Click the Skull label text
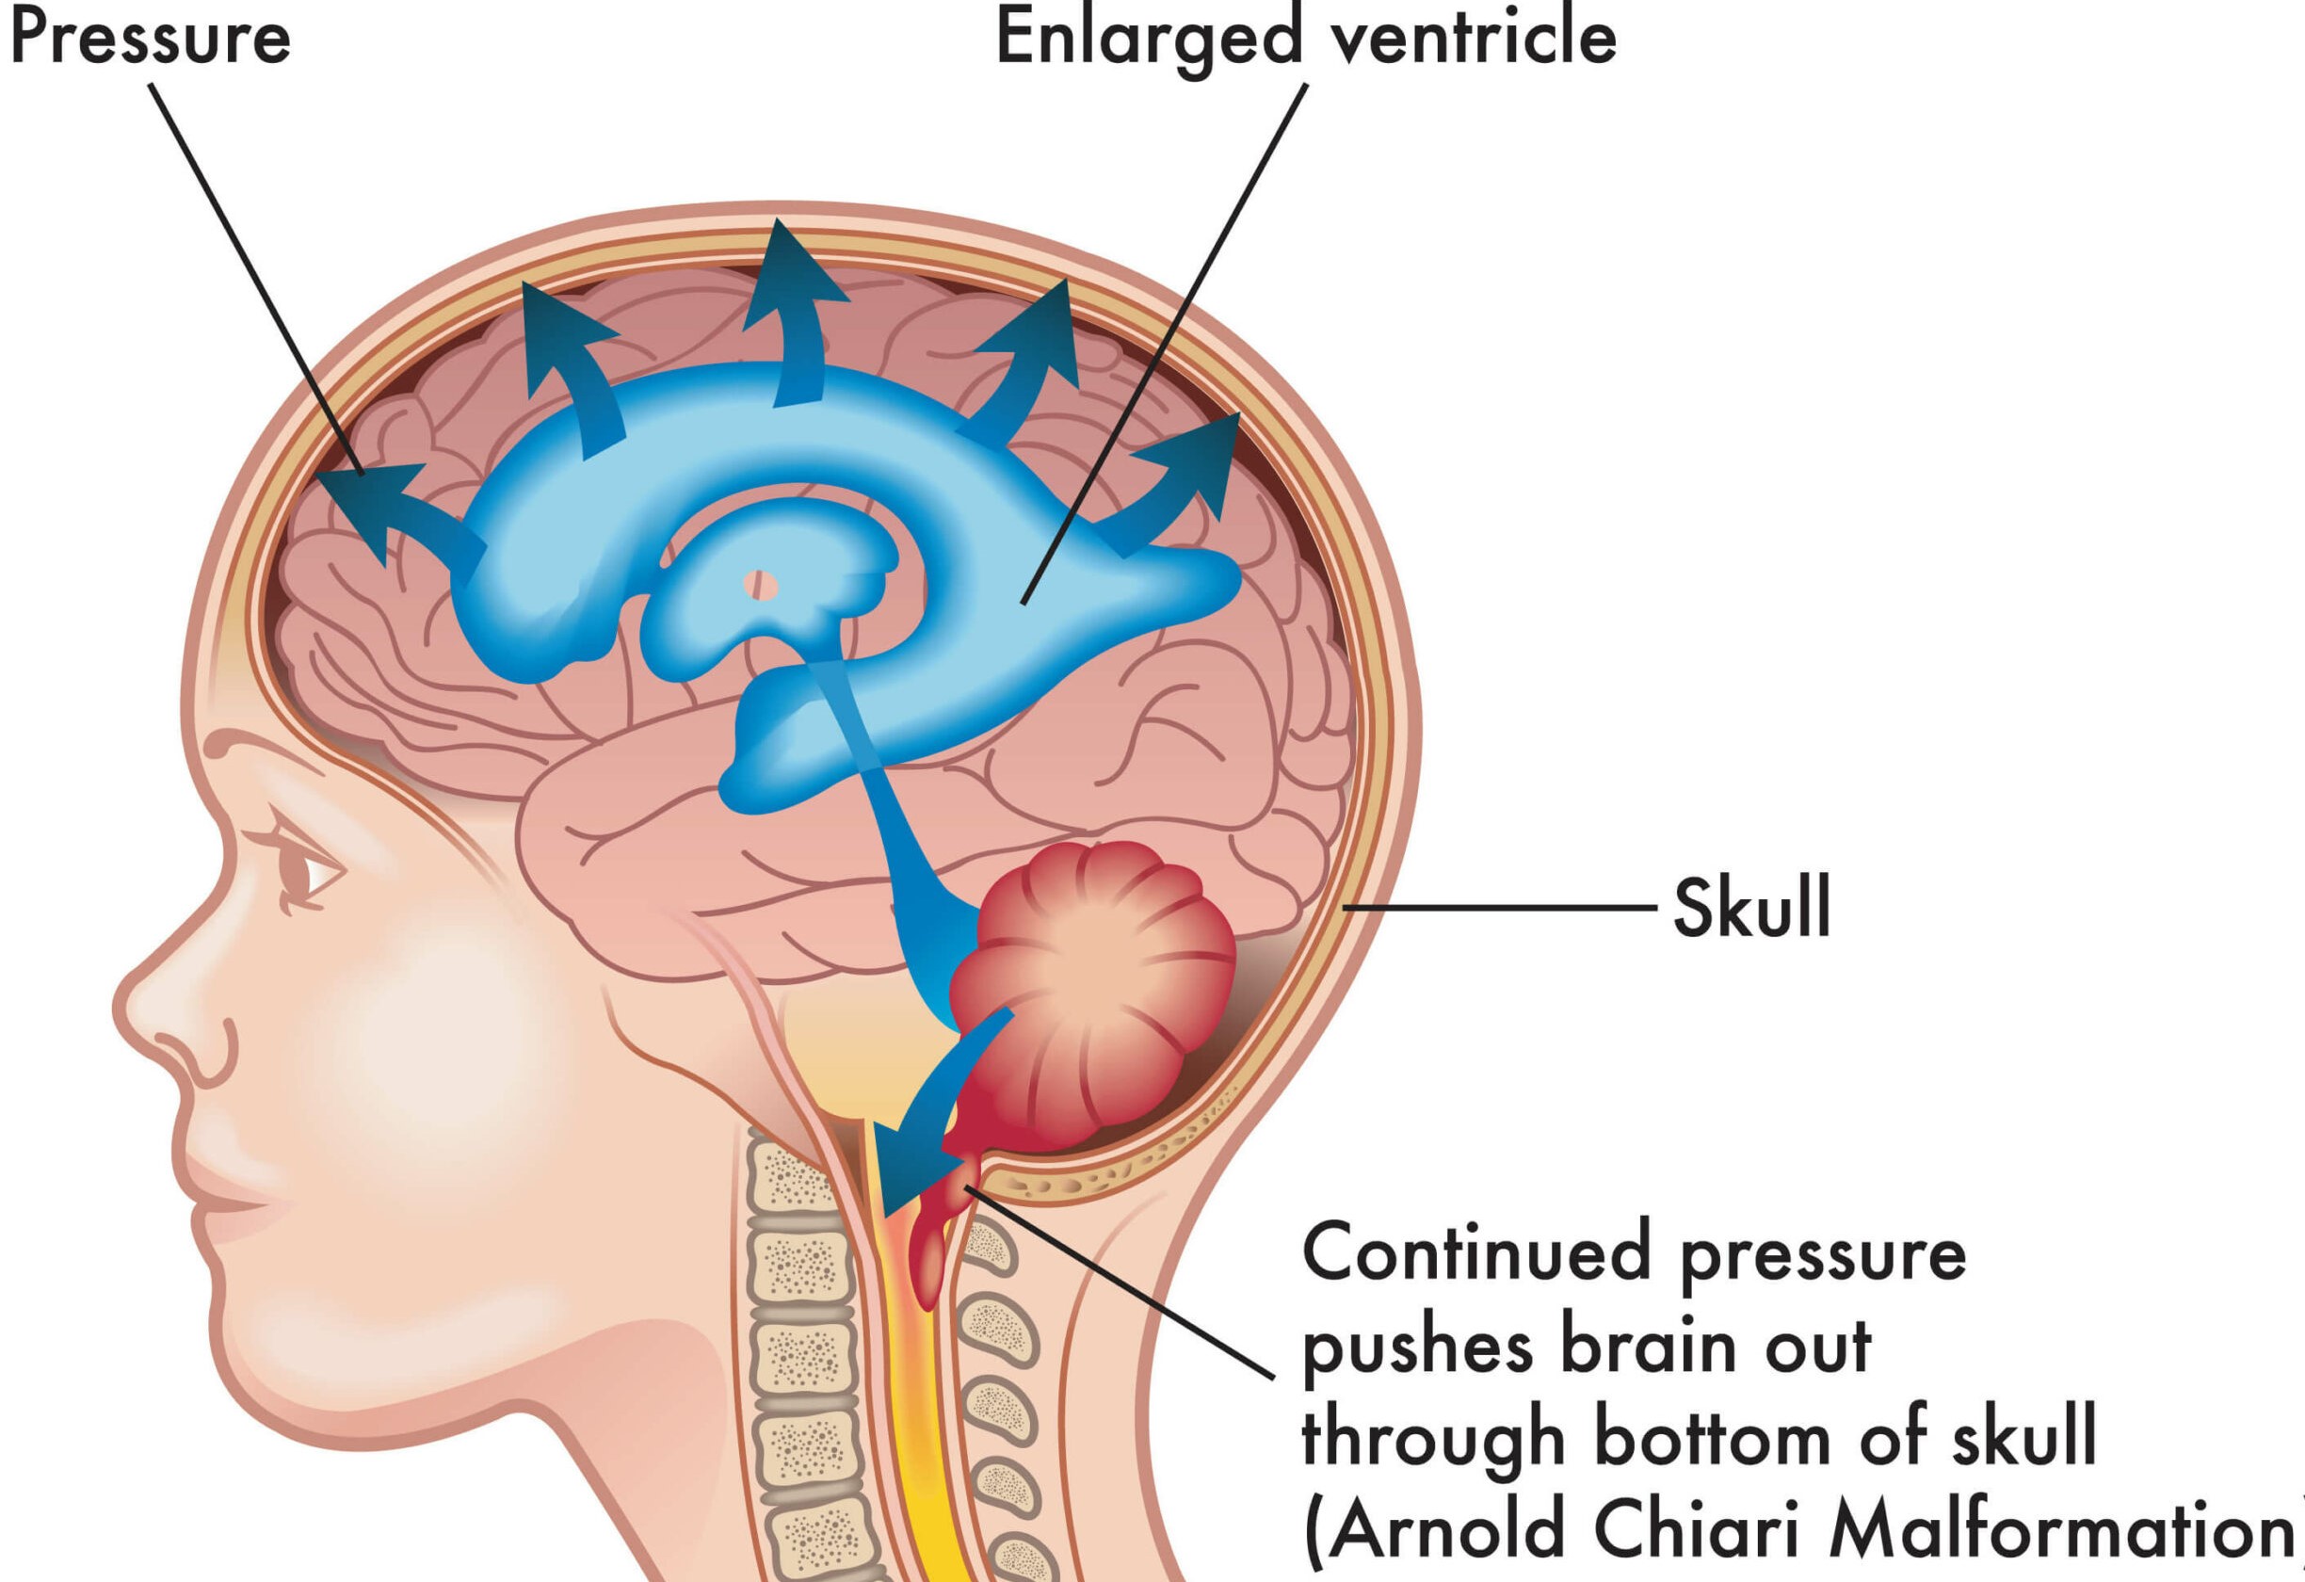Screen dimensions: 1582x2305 click(x=1751, y=909)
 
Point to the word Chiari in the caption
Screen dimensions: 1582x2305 click(x=1695, y=1527)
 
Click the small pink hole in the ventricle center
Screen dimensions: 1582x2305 click(x=761, y=584)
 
